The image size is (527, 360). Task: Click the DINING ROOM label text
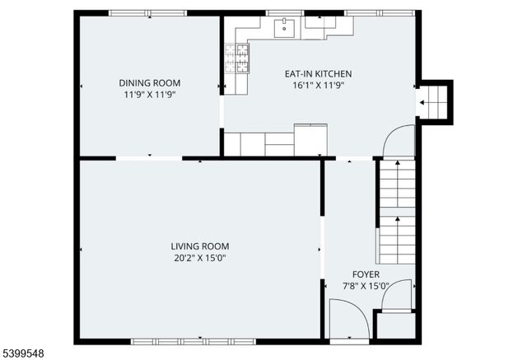[150, 83]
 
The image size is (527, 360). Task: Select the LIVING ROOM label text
[199, 246]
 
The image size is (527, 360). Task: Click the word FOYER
[366, 274]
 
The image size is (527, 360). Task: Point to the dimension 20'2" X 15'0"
[199, 258]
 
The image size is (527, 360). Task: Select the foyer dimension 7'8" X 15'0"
[366, 286]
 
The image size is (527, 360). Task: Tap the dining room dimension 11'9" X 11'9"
[150, 95]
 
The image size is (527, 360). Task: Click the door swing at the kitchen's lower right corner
[399, 141]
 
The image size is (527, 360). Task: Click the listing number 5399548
[23, 353]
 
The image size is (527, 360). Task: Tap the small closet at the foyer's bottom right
[395, 325]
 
